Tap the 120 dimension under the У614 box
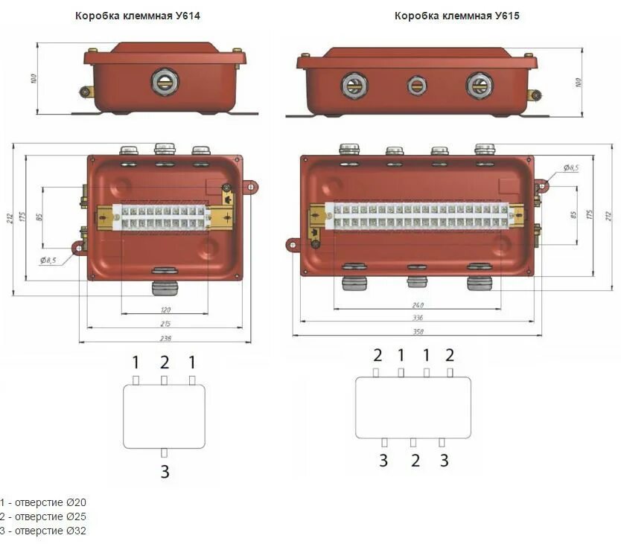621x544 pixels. pos(165,310)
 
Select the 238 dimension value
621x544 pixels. pos(165,339)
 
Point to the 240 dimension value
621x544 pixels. pos(417,305)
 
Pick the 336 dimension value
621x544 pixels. pos(417,318)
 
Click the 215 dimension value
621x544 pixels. pos(165,324)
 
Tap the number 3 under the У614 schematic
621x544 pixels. pos(165,471)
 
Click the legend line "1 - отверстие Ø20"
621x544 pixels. pos(43,502)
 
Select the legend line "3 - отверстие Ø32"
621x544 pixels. pos(43,531)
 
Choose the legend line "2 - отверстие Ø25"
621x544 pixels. pos(43,516)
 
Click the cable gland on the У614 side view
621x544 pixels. pos(164,81)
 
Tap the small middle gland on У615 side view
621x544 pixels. pos(417,86)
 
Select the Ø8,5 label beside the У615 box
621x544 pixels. pos(570,168)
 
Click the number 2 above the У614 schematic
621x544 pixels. pos(165,362)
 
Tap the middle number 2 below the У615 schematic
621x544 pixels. pos(415,461)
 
